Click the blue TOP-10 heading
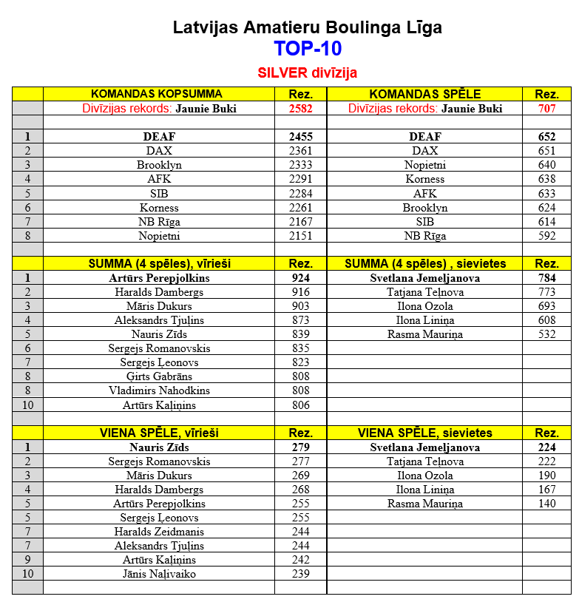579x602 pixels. [x=307, y=49]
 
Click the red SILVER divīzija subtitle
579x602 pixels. [x=307, y=73]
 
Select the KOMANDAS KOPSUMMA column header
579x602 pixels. [x=156, y=94]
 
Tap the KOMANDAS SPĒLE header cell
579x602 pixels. [x=424, y=94]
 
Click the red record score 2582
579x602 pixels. [x=300, y=109]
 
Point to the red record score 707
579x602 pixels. [x=546, y=109]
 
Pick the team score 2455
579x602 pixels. [x=300, y=137]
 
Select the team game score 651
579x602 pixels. [x=546, y=151]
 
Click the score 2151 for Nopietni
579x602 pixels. [x=300, y=236]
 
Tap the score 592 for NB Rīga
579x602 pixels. [x=546, y=236]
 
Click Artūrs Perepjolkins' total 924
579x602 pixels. [x=300, y=278]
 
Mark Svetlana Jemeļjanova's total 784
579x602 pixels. [x=546, y=278]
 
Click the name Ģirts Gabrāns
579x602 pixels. [x=159, y=376]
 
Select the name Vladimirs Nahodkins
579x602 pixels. [x=159, y=390]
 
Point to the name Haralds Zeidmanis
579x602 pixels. [x=159, y=532]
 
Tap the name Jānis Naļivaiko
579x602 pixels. [x=159, y=574]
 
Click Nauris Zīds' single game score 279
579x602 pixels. [x=300, y=447]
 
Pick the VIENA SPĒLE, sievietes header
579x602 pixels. [x=424, y=433]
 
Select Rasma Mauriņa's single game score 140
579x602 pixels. [x=546, y=504]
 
